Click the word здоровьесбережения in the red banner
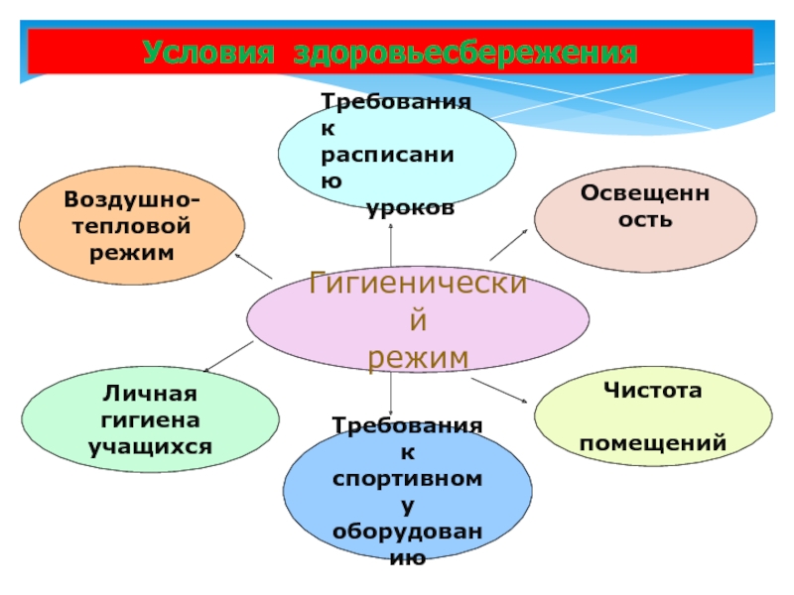point(465,52)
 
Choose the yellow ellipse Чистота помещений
point(653,416)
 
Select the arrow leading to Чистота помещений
point(500,389)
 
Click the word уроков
point(410,209)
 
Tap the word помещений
point(653,442)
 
